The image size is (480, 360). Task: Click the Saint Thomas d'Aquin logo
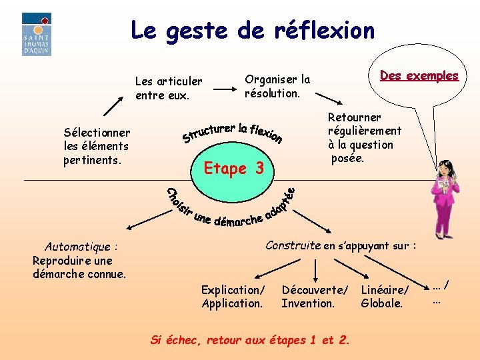pos(36,34)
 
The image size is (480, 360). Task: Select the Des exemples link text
pos(419,75)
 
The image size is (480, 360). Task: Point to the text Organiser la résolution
pos(277,86)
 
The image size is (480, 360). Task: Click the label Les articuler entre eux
pos(168,88)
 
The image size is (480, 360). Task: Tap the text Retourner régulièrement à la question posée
pos(364,137)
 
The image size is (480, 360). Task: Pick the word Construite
pos(293,245)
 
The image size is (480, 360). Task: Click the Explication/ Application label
pos(233,297)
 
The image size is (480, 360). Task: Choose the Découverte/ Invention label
pos(314,297)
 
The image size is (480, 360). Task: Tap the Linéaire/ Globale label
pos(383,297)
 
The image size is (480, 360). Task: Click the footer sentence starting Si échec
pos(250,340)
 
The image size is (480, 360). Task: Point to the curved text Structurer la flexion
pos(232,130)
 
